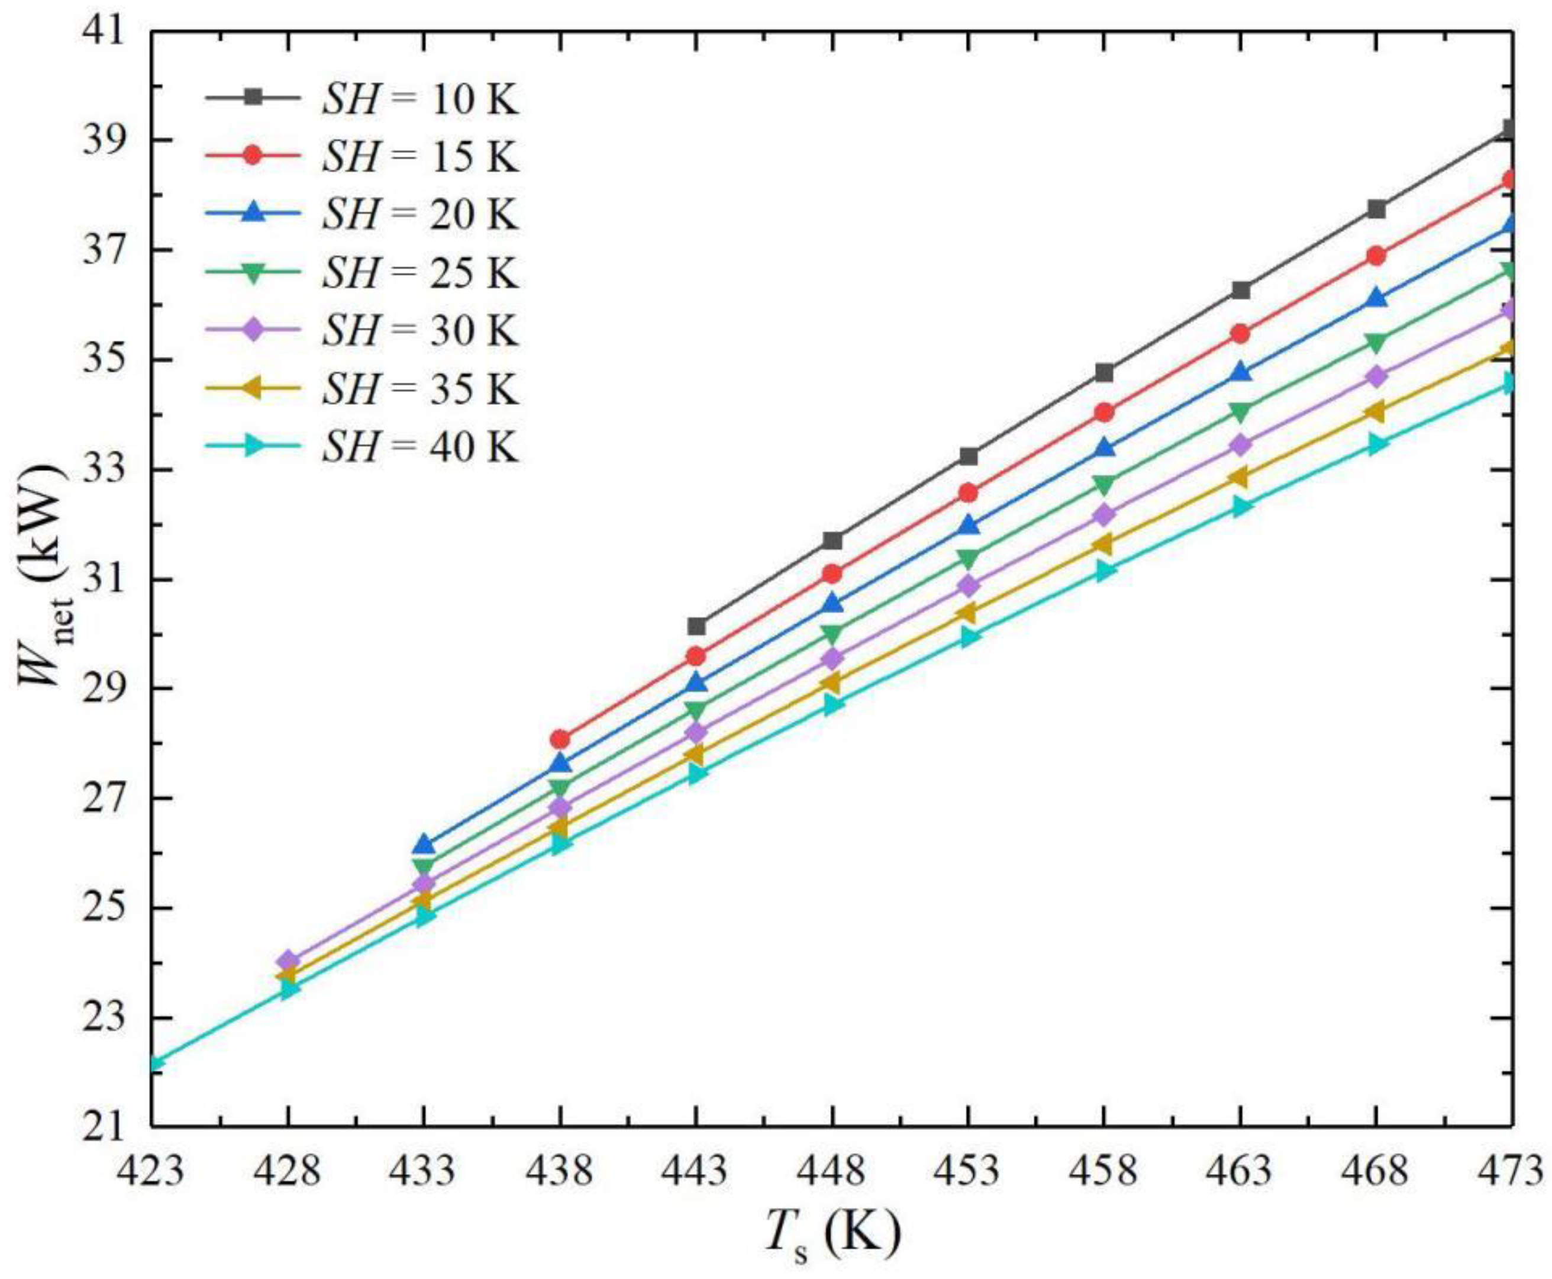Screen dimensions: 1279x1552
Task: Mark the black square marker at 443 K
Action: point(696,626)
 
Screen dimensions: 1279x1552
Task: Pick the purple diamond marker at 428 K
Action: point(288,961)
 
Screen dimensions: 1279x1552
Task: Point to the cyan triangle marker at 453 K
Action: point(969,637)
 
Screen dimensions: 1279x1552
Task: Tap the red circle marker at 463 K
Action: point(1240,334)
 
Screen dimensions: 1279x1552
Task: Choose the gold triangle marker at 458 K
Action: point(1104,545)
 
